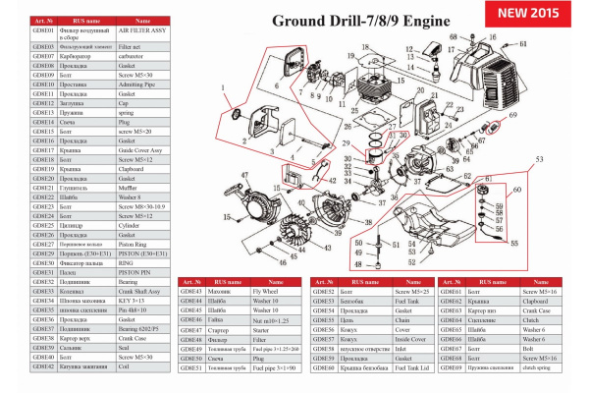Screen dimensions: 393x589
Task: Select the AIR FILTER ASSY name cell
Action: click(142, 32)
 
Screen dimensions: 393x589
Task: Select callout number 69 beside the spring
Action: click(509, 115)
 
